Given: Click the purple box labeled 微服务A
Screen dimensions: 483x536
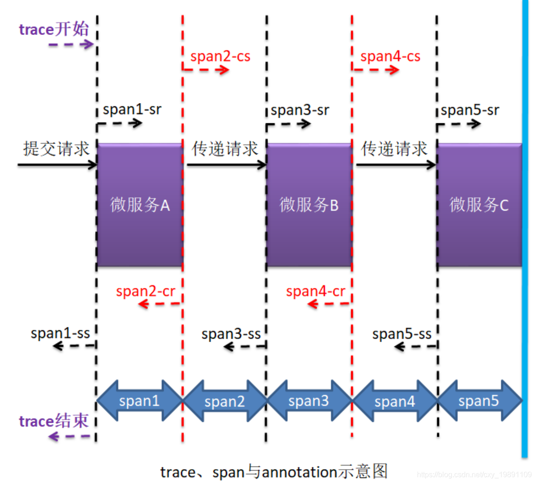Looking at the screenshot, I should (x=140, y=205).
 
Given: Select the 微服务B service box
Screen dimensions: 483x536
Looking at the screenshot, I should (x=309, y=205).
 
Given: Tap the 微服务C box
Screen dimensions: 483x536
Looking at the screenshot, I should (x=479, y=205).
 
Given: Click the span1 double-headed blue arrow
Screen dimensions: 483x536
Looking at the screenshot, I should (x=139, y=401).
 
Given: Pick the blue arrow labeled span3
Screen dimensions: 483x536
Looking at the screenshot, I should (x=309, y=401).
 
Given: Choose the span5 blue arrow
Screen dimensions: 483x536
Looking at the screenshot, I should (x=479, y=401).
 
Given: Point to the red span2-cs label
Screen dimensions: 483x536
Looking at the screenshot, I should (x=220, y=57).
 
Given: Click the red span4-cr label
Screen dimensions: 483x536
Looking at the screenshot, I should (x=315, y=291).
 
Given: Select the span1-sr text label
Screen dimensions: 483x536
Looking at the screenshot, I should (x=132, y=109).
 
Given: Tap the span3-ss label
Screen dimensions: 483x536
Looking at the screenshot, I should (x=231, y=333).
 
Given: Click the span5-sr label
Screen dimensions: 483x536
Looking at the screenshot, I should (x=470, y=110).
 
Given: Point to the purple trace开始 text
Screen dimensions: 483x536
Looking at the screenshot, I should (x=54, y=29).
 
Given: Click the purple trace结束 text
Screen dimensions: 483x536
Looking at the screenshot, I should (x=53, y=421).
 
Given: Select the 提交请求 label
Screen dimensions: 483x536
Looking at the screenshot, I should (x=56, y=149).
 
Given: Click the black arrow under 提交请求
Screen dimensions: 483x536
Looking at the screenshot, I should (x=57, y=164).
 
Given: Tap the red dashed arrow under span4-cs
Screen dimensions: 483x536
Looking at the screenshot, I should (x=376, y=70).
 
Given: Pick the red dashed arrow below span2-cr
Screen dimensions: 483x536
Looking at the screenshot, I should (x=160, y=304).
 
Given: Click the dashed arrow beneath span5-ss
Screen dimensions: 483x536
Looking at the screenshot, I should (x=415, y=346).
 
